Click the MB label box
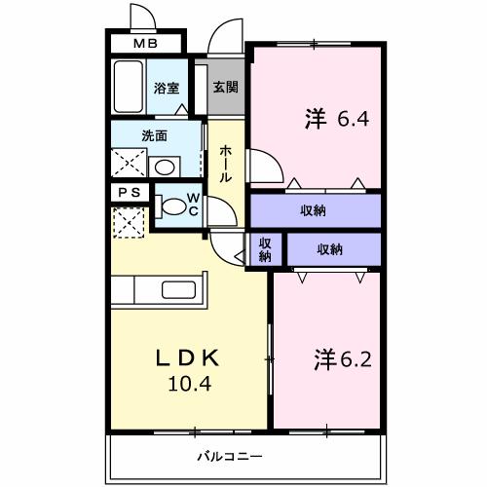[144, 44]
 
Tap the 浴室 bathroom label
[167, 88]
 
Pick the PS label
[129, 193]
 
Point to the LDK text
[187, 357]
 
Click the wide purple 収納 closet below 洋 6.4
[314, 211]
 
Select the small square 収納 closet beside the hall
[264, 250]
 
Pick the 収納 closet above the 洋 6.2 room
[330, 250]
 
